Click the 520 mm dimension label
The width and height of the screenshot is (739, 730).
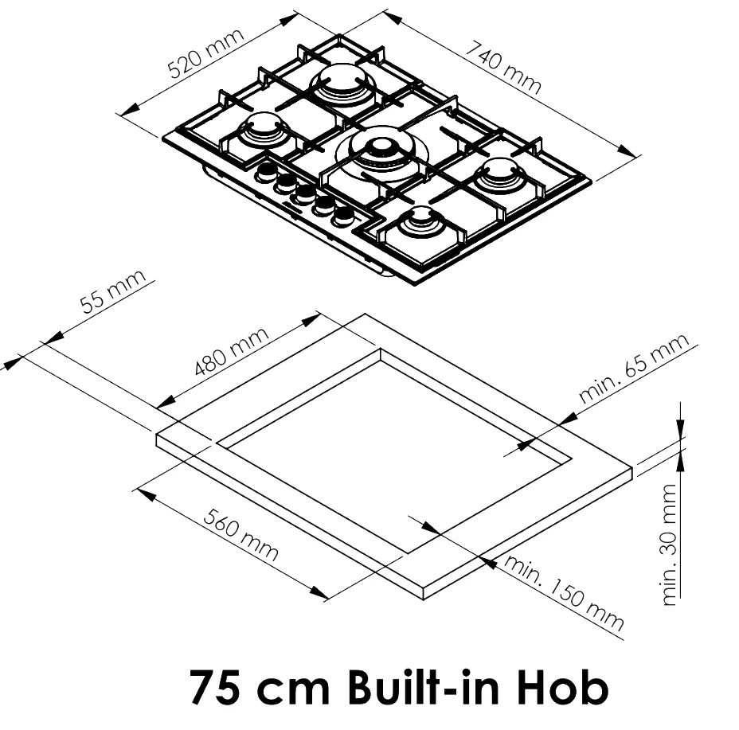coord(206,53)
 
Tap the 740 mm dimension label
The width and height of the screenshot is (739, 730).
coord(503,68)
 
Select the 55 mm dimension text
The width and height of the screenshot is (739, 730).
coord(113,291)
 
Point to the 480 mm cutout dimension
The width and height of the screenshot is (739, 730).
coord(232,352)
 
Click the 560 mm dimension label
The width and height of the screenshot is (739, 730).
coord(240,535)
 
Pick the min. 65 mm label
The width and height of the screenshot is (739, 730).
coord(633,368)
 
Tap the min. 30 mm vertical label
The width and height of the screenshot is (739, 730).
coord(668,545)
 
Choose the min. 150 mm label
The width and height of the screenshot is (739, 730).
coord(564,592)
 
